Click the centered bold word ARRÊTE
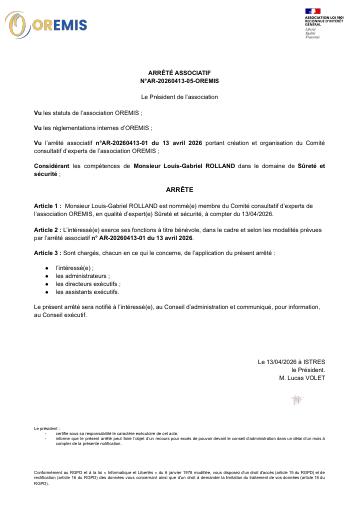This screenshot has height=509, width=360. click(x=180, y=187)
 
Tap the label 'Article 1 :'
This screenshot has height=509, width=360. click(x=48, y=203)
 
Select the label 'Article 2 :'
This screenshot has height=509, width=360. click(x=48, y=229)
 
